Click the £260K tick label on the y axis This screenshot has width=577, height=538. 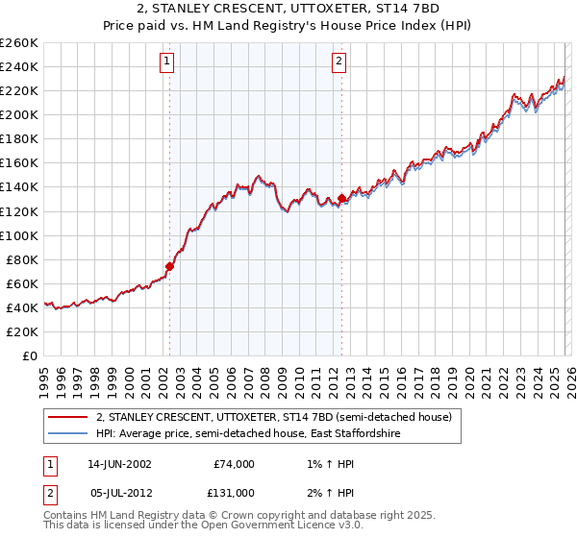click(19, 43)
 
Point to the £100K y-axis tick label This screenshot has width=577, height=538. click(19, 235)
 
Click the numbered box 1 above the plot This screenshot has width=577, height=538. click(167, 62)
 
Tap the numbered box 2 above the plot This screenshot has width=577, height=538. click(340, 62)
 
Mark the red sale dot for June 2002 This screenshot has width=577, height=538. click(170, 266)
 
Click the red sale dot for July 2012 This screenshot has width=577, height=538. click(341, 198)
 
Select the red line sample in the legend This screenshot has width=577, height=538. click(68, 418)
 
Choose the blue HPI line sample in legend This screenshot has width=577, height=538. click(68, 434)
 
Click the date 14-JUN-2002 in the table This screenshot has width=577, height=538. click(118, 463)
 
